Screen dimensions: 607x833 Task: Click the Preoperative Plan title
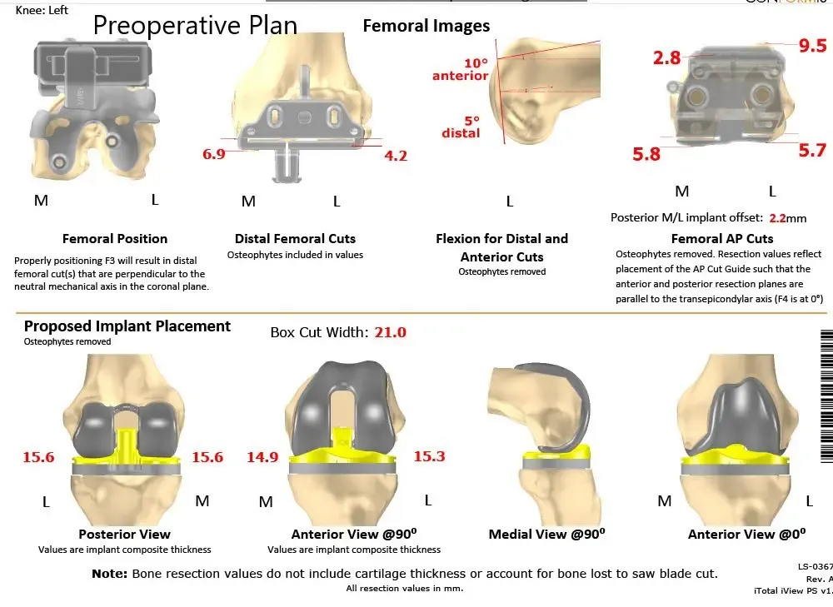(x=195, y=25)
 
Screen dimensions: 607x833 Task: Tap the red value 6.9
(x=213, y=154)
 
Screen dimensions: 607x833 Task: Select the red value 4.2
(x=395, y=155)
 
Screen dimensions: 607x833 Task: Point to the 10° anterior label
(x=461, y=70)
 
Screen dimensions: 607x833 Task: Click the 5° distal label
(x=461, y=127)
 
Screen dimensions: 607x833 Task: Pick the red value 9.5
(x=812, y=47)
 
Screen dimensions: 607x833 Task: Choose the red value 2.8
(x=667, y=57)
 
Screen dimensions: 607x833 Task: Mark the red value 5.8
(x=646, y=153)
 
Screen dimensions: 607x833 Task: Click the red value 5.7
(x=812, y=150)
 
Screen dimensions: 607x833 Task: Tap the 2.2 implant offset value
(x=777, y=218)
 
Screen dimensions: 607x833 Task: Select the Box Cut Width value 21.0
(x=390, y=332)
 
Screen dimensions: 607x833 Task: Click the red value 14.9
(x=262, y=456)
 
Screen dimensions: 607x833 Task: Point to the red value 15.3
(x=429, y=456)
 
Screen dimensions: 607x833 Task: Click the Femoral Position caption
(x=115, y=239)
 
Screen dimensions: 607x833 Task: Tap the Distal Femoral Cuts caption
(x=295, y=239)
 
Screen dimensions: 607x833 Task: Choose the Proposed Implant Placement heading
(x=127, y=326)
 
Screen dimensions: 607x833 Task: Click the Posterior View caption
(x=124, y=535)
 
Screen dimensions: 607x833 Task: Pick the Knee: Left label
(x=42, y=11)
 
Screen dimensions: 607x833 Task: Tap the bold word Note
(x=109, y=574)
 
